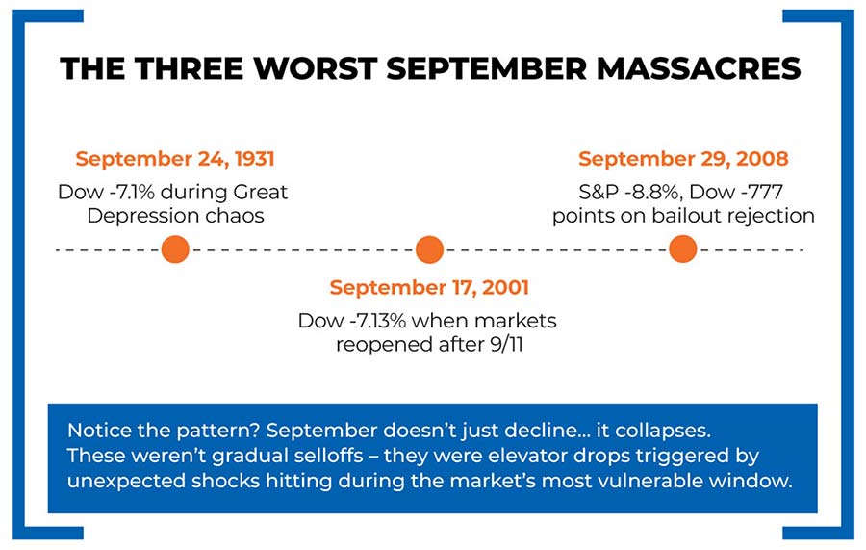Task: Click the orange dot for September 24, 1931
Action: (x=175, y=249)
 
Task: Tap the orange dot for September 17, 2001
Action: (x=429, y=249)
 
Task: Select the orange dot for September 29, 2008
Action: (x=682, y=249)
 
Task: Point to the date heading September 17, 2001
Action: (x=429, y=287)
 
